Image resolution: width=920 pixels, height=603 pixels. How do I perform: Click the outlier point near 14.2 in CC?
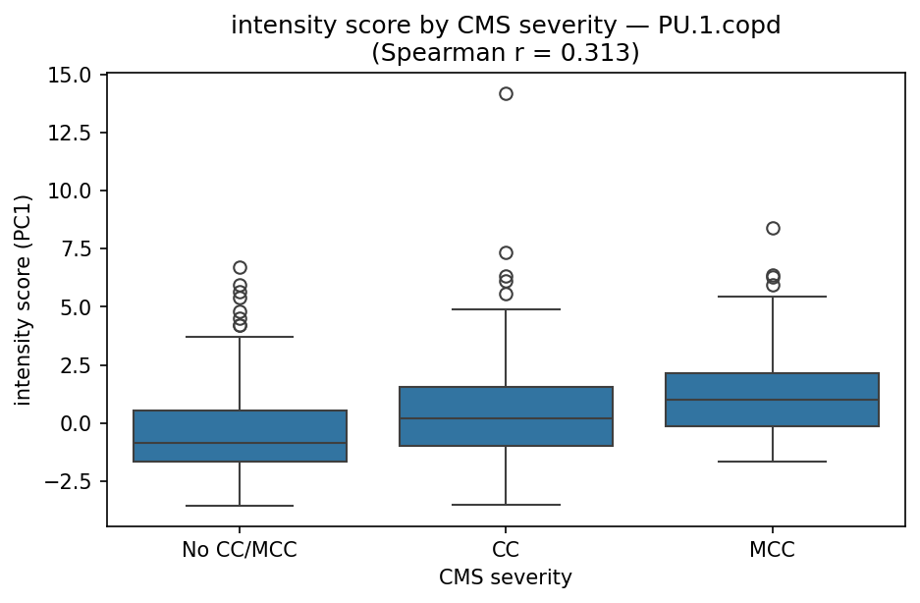[x=506, y=93]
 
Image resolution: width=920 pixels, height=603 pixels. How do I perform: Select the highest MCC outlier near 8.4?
[x=773, y=228]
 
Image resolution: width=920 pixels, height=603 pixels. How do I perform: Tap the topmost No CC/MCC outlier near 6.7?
[x=240, y=267]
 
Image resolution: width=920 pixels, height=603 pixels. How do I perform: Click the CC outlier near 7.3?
[x=506, y=252]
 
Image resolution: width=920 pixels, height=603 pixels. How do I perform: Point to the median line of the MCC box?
[x=773, y=400]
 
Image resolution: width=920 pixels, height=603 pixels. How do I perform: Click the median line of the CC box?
[x=506, y=418]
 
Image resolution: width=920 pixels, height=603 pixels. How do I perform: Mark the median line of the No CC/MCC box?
[x=240, y=443]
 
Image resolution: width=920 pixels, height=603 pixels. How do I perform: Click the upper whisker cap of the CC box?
[x=506, y=309]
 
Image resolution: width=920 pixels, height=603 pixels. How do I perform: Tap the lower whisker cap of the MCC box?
[x=773, y=462]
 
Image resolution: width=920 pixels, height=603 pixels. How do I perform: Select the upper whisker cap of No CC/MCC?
[x=240, y=337]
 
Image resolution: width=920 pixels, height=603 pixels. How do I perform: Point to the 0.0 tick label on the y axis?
[x=80, y=423]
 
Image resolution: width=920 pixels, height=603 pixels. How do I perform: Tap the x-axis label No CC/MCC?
[x=240, y=551]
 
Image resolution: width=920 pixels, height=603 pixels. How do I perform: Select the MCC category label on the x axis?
[x=773, y=551]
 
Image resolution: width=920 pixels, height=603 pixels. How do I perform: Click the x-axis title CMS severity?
[x=506, y=577]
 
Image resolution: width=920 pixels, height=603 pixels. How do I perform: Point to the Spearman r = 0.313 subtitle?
[x=506, y=52]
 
